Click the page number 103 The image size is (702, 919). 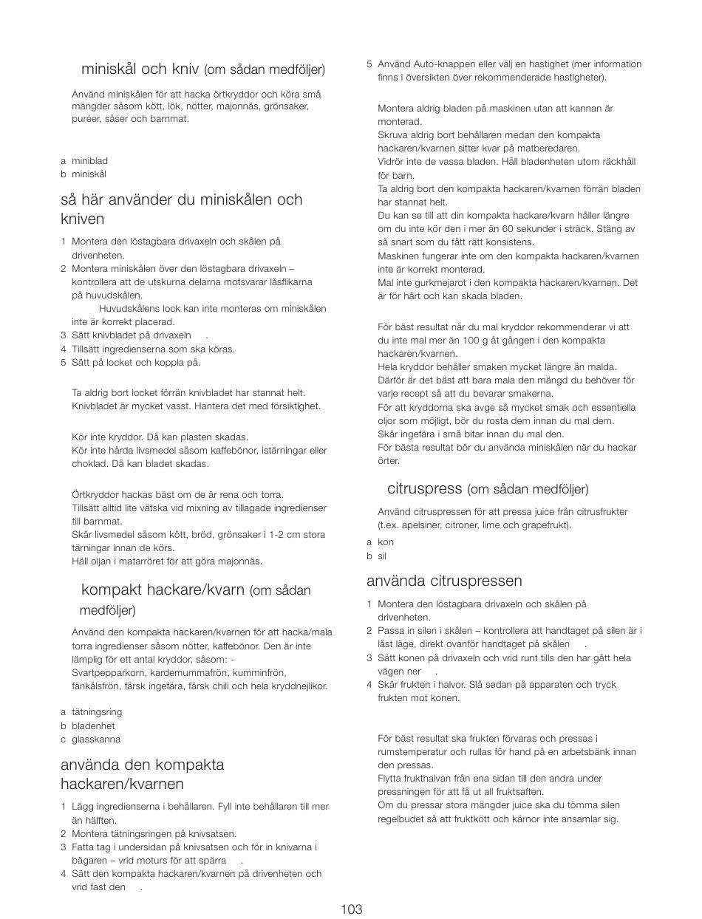coord(352,909)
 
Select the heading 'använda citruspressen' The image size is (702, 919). coord(444,581)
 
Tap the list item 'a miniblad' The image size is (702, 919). coord(84,160)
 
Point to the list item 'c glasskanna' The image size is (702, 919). coord(90,739)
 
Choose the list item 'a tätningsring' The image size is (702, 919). coord(91,712)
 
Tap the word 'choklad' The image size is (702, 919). coord(88,464)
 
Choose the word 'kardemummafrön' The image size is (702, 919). coord(188,673)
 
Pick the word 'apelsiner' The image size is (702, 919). coord(418,525)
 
